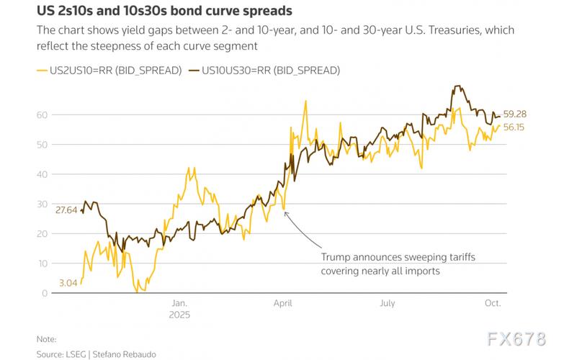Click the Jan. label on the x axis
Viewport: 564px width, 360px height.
[179, 304]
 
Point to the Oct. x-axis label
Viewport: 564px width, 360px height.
[492, 304]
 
